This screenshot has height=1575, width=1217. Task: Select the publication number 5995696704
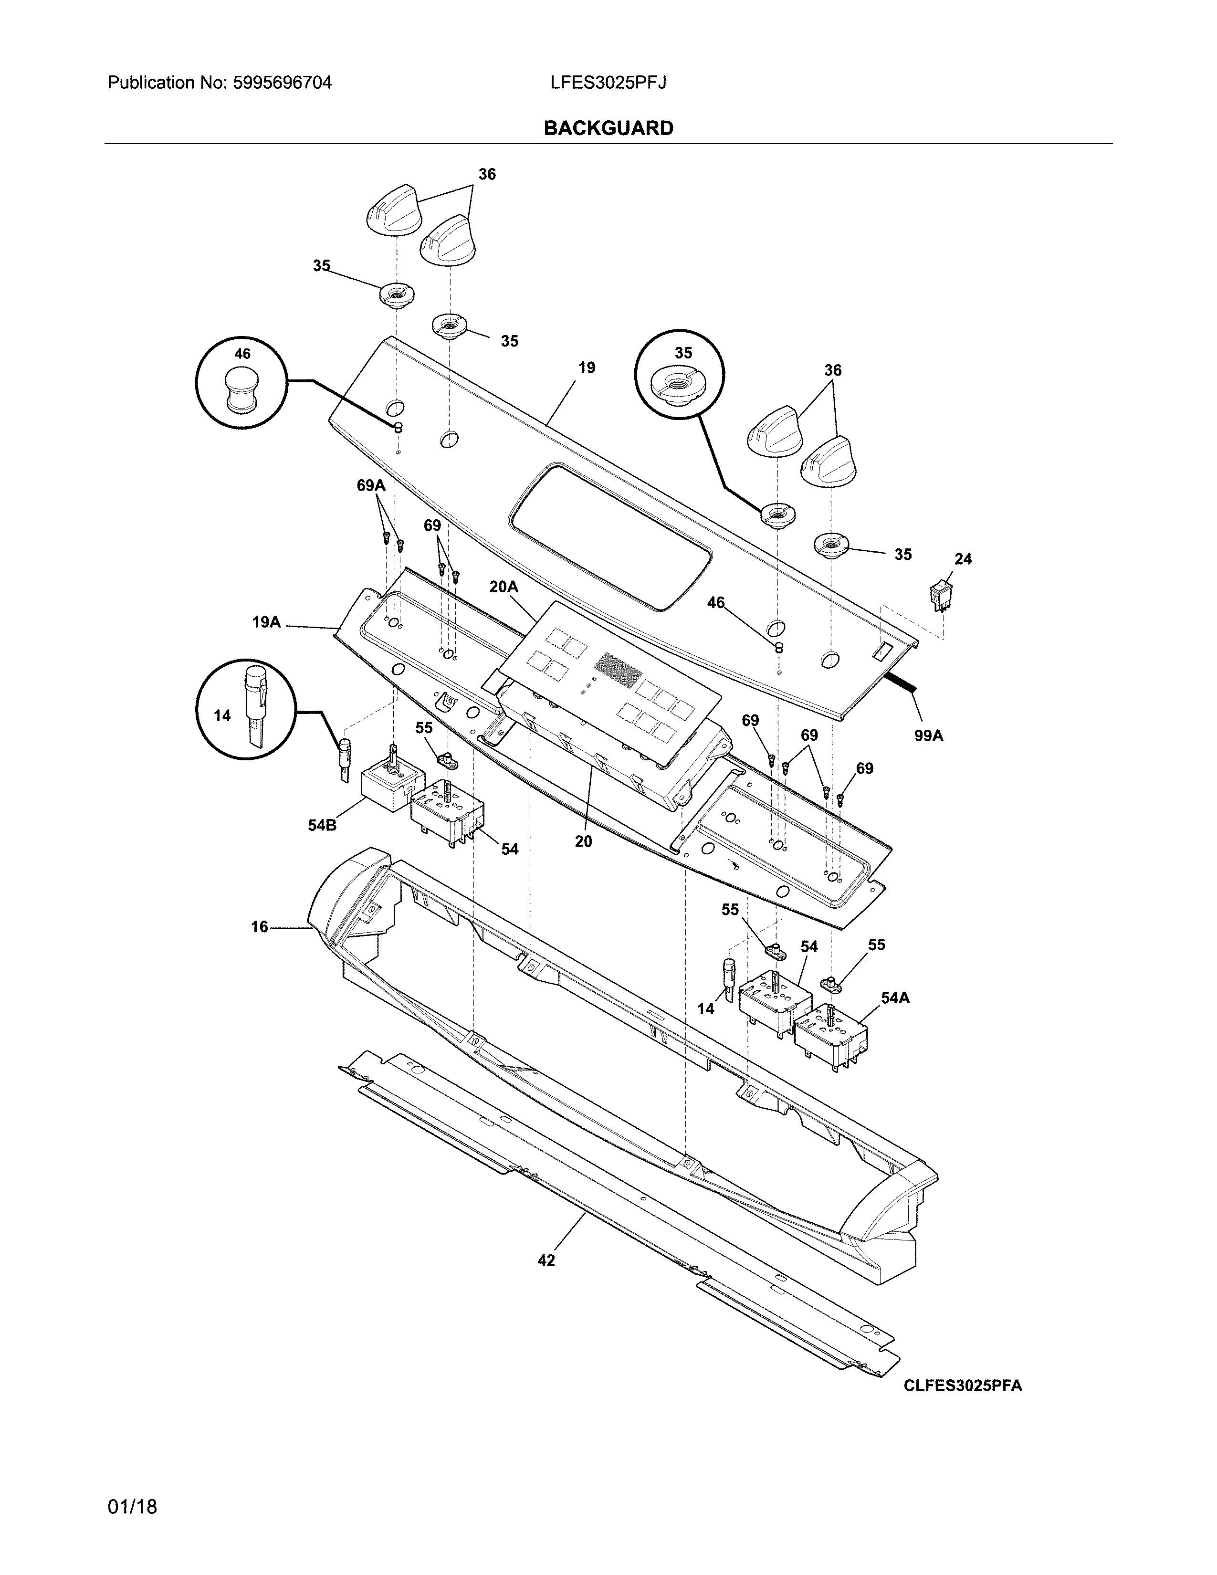(283, 83)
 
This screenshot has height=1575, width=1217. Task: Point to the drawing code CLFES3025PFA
(963, 1386)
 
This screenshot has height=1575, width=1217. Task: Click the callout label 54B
(322, 825)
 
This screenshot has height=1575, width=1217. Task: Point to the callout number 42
(546, 1260)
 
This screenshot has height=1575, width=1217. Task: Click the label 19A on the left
(266, 621)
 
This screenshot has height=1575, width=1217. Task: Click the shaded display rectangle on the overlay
(619, 669)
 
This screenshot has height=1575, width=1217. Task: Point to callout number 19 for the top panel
(587, 368)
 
